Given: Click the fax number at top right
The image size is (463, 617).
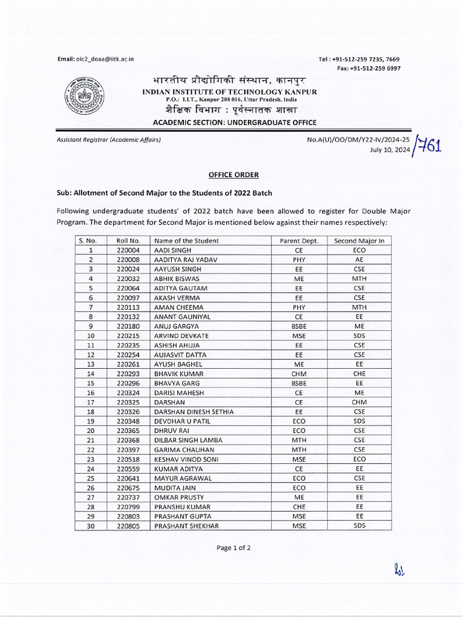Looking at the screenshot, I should [368, 68].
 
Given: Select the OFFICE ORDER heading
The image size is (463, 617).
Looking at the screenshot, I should [233, 175].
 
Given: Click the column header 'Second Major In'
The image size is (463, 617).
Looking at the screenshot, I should [359, 240].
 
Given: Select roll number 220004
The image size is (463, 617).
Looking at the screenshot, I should [128, 250].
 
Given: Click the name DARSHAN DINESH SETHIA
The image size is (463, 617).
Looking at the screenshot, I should [194, 412].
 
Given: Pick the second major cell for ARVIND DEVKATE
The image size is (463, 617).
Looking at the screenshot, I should [359, 336].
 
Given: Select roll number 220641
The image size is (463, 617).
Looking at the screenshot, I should [128, 478].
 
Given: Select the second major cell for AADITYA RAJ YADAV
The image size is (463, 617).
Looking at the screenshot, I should [359, 260].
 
